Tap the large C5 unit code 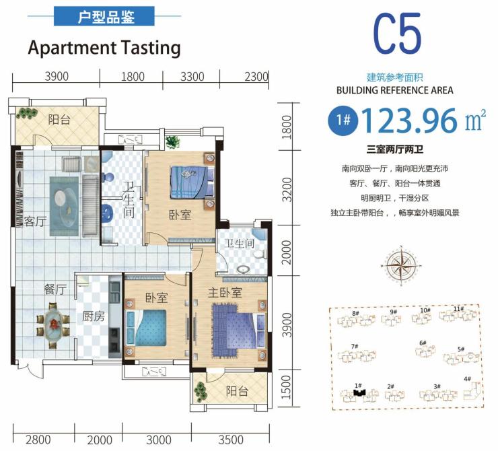(x=397, y=34)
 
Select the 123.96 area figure (x=409, y=120)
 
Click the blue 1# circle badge (x=343, y=120)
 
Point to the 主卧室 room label (x=225, y=293)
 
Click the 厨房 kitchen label (x=94, y=316)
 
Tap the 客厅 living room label (x=35, y=221)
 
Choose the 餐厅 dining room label (x=55, y=289)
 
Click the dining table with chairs (x=52, y=325)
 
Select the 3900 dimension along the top (x=57, y=77)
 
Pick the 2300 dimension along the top (x=256, y=77)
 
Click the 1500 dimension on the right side (x=286, y=387)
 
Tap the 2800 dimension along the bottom (x=38, y=440)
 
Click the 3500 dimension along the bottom (x=231, y=440)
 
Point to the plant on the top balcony (x=27, y=113)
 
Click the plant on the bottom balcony (x=200, y=392)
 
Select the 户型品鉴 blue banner (x=104, y=16)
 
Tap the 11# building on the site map (x=458, y=314)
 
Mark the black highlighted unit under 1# (x=359, y=392)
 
